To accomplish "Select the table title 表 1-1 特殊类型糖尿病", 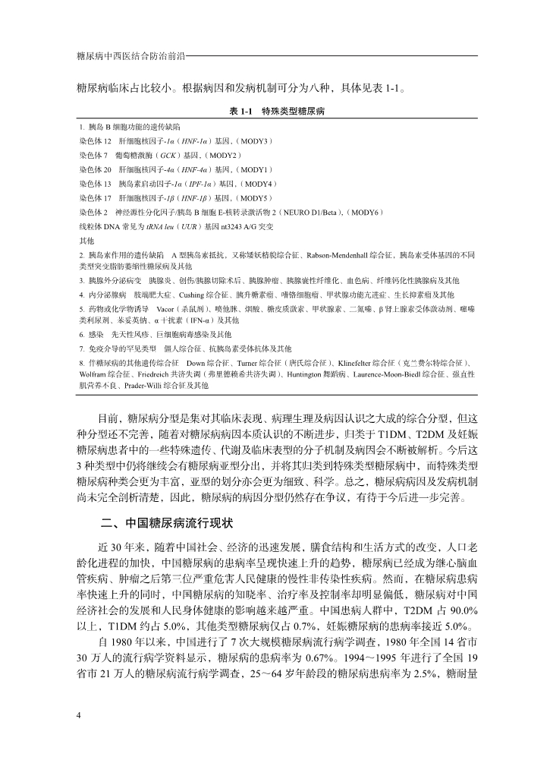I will click(x=277, y=111).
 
